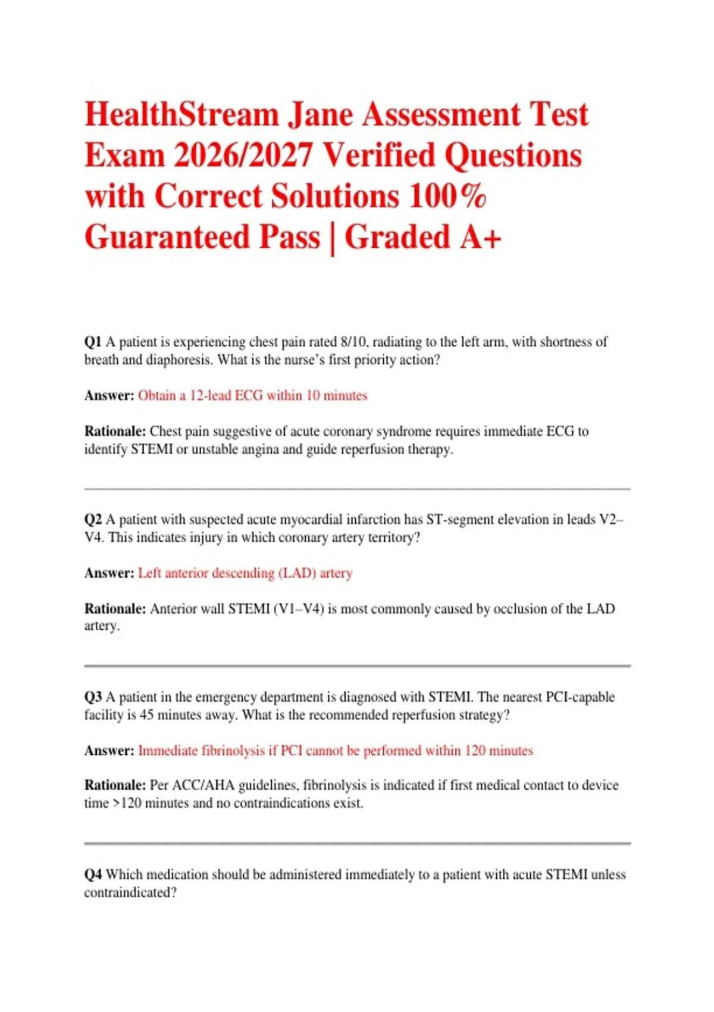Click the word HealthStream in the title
pyautogui.click(x=181, y=114)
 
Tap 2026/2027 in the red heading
pyautogui.click(x=243, y=155)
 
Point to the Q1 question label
pyautogui.click(x=93, y=342)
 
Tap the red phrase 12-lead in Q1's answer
pyautogui.click(x=211, y=396)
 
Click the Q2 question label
pyautogui.click(x=93, y=520)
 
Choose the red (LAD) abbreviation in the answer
pyautogui.click(x=297, y=573)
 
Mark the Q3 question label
pyautogui.click(x=93, y=697)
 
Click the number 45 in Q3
pyautogui.click(x=146, y=715)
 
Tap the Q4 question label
pyautogui.click(x=93, y=875)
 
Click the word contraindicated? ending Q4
pyautogui.click(x=130, y=893)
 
